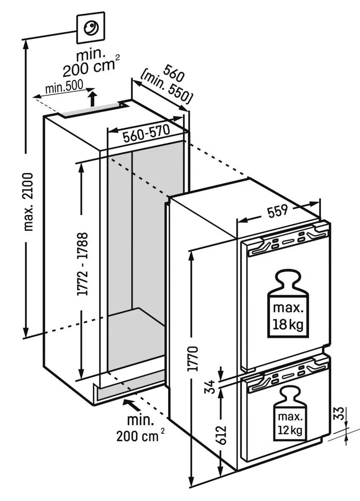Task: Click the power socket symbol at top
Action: tap(90, 28)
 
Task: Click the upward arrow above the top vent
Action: tap(93, 99)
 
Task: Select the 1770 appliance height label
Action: tap(192, 358)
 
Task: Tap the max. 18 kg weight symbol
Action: tap(287, 304)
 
